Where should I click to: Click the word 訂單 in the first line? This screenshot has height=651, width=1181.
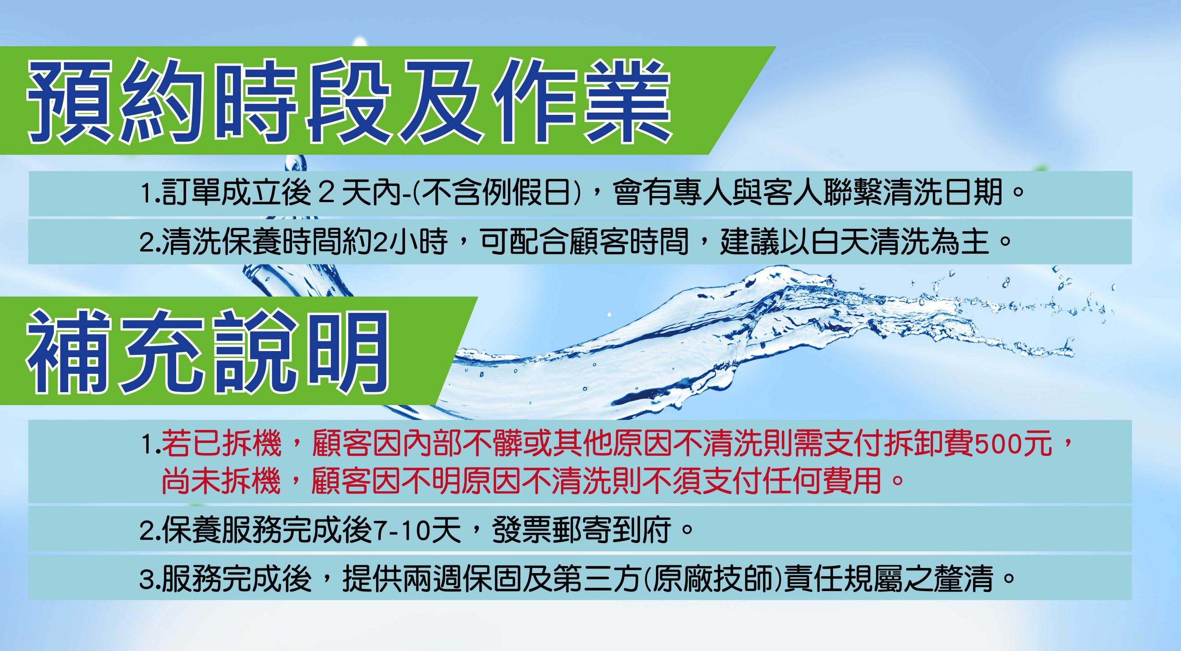(x=191, y=192)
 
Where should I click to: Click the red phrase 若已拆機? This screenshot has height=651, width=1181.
(x=222, y=443)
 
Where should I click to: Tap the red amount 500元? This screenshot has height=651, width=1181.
(x=1014, y=443)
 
